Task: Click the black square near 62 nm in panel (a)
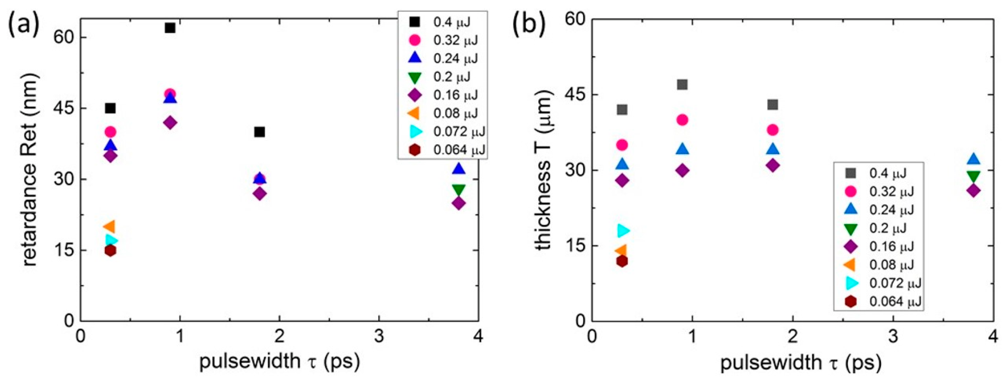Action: point(170,28)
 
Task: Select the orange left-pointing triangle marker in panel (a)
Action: point(109,226)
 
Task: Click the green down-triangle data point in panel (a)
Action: point(459,190)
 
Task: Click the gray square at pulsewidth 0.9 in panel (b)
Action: point(682,84)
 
